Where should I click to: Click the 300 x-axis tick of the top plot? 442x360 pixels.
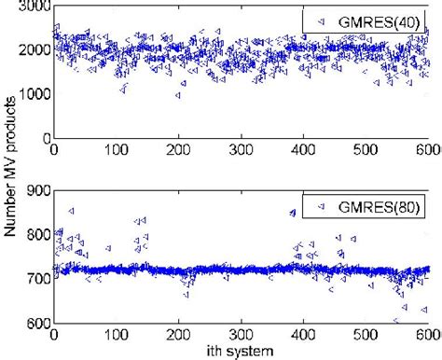[x=242, y=149]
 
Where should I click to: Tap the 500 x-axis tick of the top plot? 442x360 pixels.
[x=366, y=149]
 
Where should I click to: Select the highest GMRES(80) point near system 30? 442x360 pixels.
[x=71, y=212]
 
